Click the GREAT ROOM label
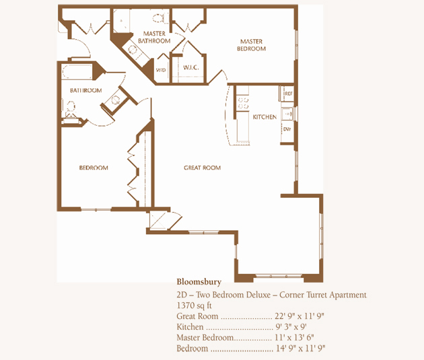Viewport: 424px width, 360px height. (x=203, y=168)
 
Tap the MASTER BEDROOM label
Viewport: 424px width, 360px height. (x=252, y=45)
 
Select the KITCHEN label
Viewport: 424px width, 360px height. (x=264, y=117)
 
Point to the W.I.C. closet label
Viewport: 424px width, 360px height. (x=191, y=67)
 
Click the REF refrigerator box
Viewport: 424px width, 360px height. (x=287, y=94)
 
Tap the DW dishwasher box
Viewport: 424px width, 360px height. (x=287, y=130)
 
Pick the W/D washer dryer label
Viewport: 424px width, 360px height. (x=161, y=70)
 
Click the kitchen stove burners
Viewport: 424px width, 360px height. (x=242, y=103)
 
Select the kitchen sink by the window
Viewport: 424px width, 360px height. (x=288, y=114)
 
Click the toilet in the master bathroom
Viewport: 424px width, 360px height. (x=158, y=18)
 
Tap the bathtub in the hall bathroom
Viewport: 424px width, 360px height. (x=77, y=72)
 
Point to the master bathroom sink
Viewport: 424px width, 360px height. (x=133, y=50)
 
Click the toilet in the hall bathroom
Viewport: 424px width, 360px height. (x=70, y=107)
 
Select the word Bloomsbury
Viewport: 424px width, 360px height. (x=199, y=282)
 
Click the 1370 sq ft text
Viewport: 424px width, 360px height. (x=194, y=305)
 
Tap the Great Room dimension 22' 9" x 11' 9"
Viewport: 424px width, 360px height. (x=299, y=316)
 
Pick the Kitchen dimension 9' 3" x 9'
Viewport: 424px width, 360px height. (x=291, y=327)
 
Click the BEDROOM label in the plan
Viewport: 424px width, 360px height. (x=94, y=168)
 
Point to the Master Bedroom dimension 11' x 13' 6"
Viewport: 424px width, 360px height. (x=294, y=338)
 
